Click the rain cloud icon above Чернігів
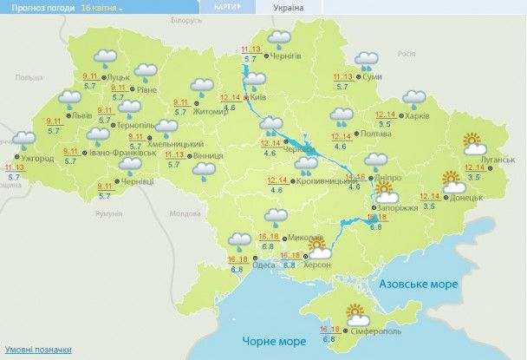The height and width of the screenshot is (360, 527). (x=278, y=38)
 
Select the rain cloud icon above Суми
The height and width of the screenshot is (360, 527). (x=366, y=62)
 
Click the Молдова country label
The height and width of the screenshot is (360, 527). (x=185, y=213)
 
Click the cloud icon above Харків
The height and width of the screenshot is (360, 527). (x=413, y=97)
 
